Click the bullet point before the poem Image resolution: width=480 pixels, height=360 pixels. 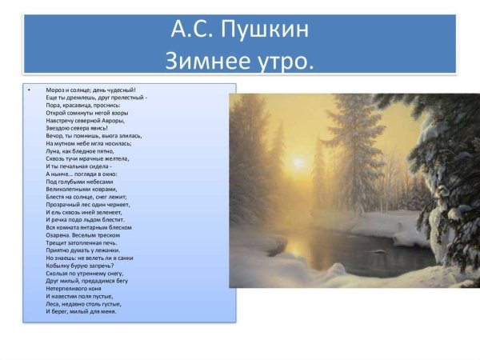[28, 90]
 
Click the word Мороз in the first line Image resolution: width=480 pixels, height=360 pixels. [57, 90]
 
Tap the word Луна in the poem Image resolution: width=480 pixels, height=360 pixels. [54, 150]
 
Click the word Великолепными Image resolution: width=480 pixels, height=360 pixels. [69, 188]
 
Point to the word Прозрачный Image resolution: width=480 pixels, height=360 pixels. [64, 203]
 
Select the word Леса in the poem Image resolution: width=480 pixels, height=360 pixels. [54, 303]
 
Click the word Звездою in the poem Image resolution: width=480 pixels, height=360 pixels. [60, 128]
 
